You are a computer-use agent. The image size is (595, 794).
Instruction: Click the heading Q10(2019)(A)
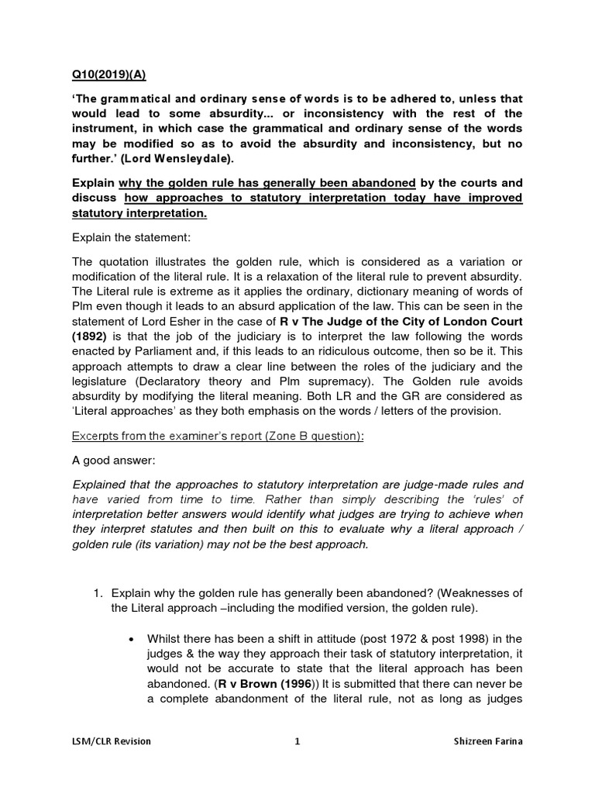click(x=108, y=75)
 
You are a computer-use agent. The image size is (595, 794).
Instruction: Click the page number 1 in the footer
click(x=297, y=741)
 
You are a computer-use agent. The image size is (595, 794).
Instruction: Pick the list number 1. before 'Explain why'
click(x=98, y=593)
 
